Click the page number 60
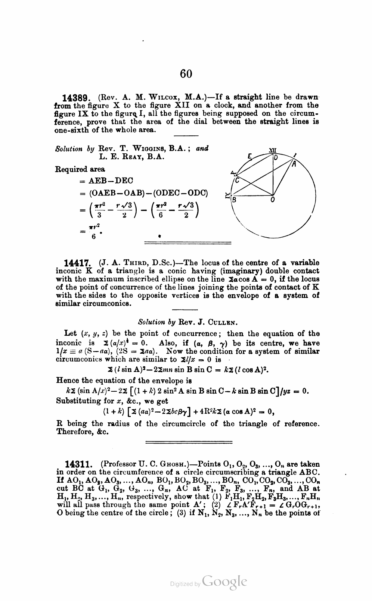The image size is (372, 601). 186,73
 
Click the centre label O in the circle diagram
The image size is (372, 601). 273,200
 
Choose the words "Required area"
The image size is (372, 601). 80,169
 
